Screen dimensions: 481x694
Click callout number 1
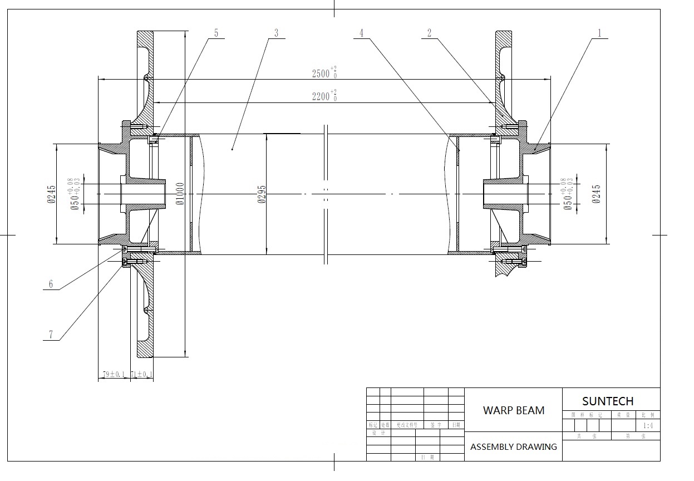click(x=599, y=33)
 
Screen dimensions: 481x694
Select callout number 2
click(x=429, y=33)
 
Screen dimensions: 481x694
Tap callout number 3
click(x=276, y=33)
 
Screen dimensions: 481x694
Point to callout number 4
click(x=361, y=33)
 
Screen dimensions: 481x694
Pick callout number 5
click(x=216, y=33)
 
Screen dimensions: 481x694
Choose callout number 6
click(x=51, y=284)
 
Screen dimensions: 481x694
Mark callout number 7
click(x=51, y=335)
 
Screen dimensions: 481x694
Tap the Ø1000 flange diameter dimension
click(x=180, y=194)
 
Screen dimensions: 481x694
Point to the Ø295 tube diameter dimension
click(x=262, y=194)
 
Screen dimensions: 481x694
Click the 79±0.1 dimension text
click(x=114, y=374)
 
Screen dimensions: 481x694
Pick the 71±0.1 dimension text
click(x=141, y=374)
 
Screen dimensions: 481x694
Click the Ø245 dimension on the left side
click(x=51, y=194)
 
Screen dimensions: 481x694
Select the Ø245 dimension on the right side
click(x=597, y=194)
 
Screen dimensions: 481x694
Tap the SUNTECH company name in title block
click(x=608, y=401)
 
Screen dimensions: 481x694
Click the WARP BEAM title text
click(x=514, y=410)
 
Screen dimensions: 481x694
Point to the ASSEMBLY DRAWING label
click(x=513, y=446)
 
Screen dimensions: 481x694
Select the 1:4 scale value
click(x=648, y=426)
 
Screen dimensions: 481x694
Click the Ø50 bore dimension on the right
click(x=568, y=194)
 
